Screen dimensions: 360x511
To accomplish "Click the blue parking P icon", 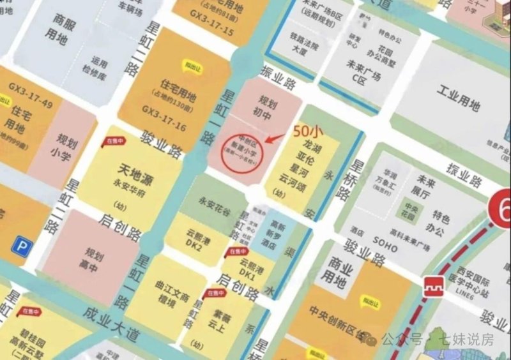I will click(23, 245).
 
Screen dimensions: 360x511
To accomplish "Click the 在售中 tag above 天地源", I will click(116, 141).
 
